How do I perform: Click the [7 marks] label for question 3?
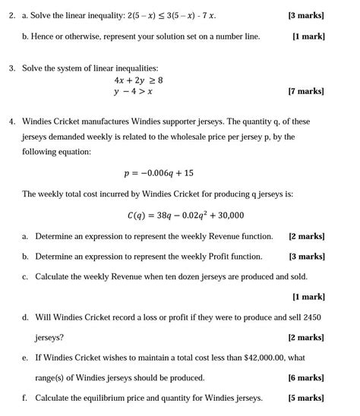[306, 91]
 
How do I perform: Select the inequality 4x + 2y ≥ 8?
[138, 80]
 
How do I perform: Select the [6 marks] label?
[306, 377]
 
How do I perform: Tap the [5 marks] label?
[306, 397]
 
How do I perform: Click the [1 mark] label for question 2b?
[308, 36]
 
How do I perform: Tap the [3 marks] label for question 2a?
[306, 14]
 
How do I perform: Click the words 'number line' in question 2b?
[238, 36]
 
